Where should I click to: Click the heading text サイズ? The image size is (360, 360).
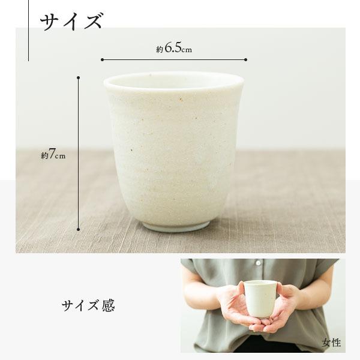(71, 22)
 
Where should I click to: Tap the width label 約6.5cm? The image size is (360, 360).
(173, 49)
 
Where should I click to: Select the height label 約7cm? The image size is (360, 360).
(53, 155)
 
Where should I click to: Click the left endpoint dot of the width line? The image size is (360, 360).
(103, 59)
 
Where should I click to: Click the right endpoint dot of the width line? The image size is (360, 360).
(246, 59)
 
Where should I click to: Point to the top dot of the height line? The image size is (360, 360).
(78, 77)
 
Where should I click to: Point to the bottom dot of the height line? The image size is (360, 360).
(78, 229)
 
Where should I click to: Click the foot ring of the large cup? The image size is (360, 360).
(176, 226)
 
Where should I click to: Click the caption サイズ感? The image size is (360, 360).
(88, 305)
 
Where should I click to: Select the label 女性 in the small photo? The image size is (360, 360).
(331, 343)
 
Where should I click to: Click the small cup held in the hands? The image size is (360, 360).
(260, 298)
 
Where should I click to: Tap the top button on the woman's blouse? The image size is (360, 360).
(257, 263)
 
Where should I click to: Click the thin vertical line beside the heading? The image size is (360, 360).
(28, 30)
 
